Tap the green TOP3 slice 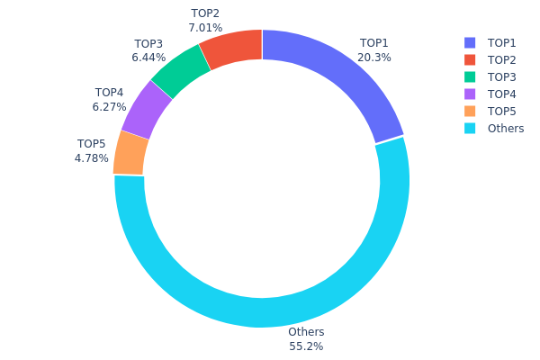[x=182, y=70]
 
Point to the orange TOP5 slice [x=131, y=153]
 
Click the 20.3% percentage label [x=374, y=57]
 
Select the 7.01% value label [x=205, y=28]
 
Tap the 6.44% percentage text [x=148, y=58]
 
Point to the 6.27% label [x=109, y=106]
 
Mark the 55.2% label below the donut [x=306, y=346]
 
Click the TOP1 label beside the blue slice [x=374, y=43]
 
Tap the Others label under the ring [x=306, y=332]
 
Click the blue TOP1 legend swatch [x=470, y=43]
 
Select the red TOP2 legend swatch [x=470, y=60]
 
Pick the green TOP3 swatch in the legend [x=470, y=77]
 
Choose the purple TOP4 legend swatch [x=470, y=94]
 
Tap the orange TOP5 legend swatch [x=470, y=112]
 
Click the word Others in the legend [x=506, y=129]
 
